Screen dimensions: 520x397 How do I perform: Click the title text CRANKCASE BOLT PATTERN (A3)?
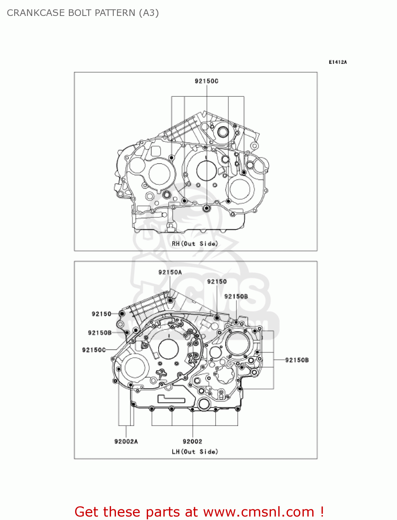pos(83,13)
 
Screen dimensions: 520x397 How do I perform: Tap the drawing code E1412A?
pos(337,62)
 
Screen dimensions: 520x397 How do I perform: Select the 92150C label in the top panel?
pos(206,81)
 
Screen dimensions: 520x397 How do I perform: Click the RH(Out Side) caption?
pos(195,244)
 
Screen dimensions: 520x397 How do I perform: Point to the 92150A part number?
pos(170,272)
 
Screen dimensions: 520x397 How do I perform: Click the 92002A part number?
pos(126,441)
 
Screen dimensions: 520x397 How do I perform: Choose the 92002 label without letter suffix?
pos(192,441)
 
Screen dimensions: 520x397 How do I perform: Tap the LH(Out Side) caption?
pos(195,452)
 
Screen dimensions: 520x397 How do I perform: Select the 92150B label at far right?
pos(297,360)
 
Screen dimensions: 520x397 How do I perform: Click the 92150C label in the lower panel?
pos(94,350)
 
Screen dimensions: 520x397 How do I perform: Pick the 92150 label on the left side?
pos(101,314)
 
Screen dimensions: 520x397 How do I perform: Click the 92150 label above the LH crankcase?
pos(217,281)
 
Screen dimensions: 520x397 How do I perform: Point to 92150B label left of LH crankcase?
pos(100,333)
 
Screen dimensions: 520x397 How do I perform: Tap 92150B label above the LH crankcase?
pos(236,296)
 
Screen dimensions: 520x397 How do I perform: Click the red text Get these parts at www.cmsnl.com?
pos(199,512)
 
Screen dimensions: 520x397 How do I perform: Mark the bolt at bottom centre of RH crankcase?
pos(207,208)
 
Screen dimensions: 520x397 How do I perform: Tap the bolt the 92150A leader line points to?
pos(170,300)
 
